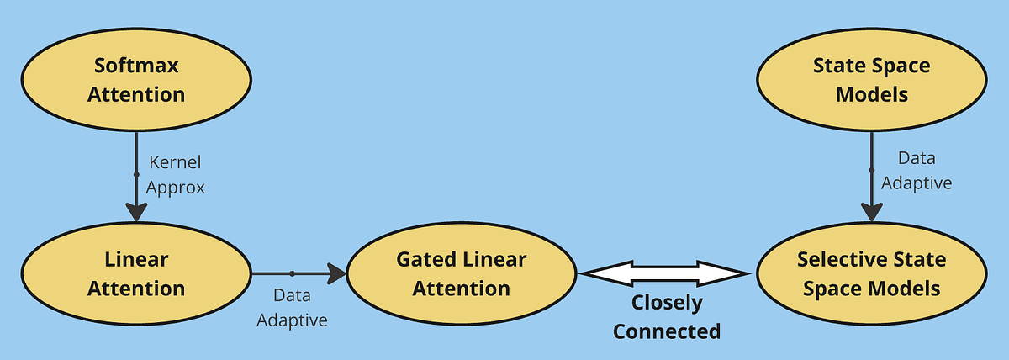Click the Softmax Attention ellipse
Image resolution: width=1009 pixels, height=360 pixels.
click(136, 80)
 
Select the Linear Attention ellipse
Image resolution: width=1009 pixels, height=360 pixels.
click(136, 273)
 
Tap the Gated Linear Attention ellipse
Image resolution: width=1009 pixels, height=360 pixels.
click(462, 273)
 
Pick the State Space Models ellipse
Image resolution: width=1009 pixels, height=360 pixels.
click(872, 80)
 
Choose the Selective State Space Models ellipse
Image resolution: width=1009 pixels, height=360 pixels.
click(872, 273)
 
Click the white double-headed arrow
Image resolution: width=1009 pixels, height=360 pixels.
click(665, 273)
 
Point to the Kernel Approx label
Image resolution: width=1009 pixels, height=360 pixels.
click(174, 174)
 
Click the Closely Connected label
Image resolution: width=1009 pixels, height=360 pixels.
click(667, 317)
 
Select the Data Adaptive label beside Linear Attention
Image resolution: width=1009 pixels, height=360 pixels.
click(292, 308)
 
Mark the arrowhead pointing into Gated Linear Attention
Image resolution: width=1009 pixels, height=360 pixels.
click(338, 273)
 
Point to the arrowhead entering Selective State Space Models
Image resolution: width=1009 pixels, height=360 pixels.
click(872, 212)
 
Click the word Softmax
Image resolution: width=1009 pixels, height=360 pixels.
click(135, 66)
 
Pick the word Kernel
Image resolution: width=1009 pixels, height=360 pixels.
click(174, 161)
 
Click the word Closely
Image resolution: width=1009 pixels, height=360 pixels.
click(667, 303)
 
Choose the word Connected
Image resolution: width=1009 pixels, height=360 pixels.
click(667, 331)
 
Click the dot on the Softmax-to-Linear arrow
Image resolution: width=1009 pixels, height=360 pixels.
click(136, 174)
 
